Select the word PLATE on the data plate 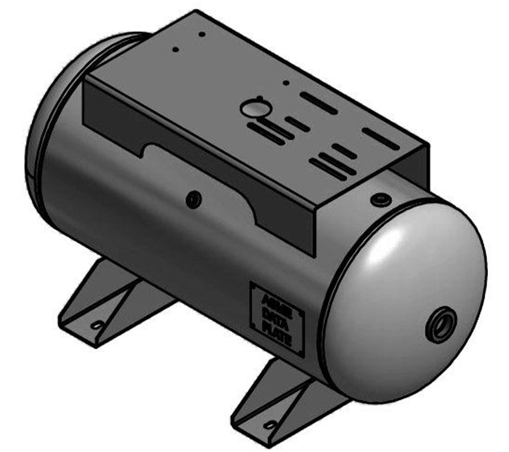pyautogui.click(x=277, y=328)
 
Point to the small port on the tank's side pyautogui.click(x=194, y=199)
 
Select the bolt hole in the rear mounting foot pyautogui.click(x=97, y=326)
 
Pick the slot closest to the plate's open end pyautogui.click(x=380, y=138)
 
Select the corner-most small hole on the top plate pyautogui.click(x=202, y=34)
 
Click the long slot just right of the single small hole pyautogui.click(x=318, y=103)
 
